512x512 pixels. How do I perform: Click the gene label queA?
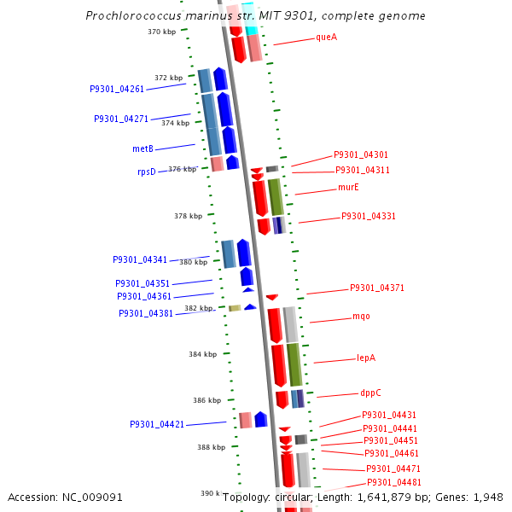(x=326, y=37)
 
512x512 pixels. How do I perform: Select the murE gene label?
(x=348, y=187)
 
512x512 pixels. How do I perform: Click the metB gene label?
(x=143, y=148)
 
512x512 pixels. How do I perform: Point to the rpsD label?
(x=147, y=172)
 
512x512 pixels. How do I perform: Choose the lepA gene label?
(x=366, y=358)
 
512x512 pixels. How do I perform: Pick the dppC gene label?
(x=371, y=393)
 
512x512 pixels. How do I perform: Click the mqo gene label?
(x=361, y=317)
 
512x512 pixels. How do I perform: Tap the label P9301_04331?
(x=369, y=216)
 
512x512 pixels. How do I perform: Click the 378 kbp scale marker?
(x=188, y=216)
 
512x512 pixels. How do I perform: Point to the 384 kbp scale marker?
(x=202, y=354)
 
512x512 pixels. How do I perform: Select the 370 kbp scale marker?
(x=161, y=32)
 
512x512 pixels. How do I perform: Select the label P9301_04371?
(x=377, y=288)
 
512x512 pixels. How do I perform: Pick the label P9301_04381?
(x=146, y=313)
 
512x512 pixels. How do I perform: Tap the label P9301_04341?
(x=140, y=259)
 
